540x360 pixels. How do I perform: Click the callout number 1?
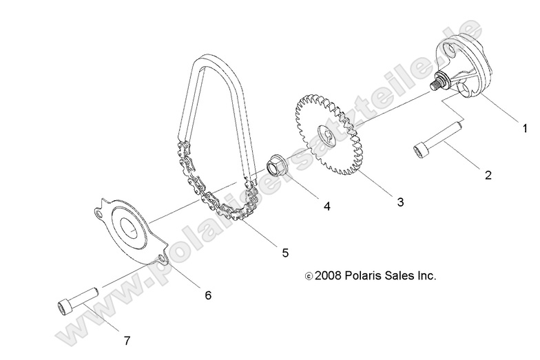click(525, 127)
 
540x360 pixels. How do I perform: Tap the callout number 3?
click(399, 202)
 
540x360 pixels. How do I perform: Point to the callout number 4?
click(327, 206)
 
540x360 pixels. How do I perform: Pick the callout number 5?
click(284, 253)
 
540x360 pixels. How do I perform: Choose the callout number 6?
click(207, 295)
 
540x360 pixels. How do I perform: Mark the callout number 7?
click(126, 339)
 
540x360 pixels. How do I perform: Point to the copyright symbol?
click(308, 276)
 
